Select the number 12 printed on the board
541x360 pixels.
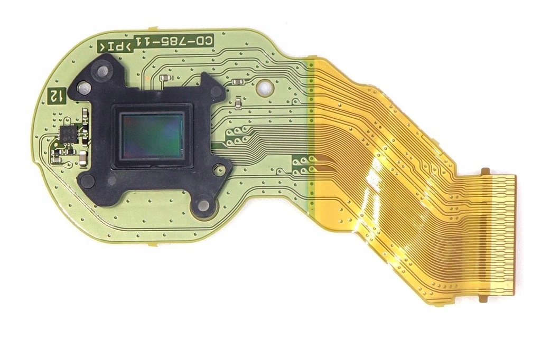point(55,96)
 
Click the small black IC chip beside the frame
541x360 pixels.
point(68,134)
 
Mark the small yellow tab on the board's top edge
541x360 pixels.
point(152,27)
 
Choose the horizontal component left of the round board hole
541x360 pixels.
point(238,82)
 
